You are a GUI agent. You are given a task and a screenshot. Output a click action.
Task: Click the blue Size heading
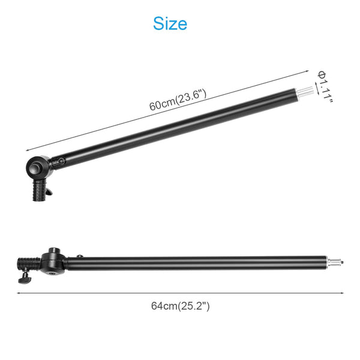coord(170,23)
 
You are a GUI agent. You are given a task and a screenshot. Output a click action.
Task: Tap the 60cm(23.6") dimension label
coord(178,100)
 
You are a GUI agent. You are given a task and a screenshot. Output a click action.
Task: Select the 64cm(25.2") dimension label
coord(180,306)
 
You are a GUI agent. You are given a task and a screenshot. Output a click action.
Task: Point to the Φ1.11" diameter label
coord(325,86)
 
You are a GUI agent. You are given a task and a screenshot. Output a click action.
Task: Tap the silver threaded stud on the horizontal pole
coord(335,262)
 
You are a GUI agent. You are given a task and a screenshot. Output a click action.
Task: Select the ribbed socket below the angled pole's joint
coord(40,190)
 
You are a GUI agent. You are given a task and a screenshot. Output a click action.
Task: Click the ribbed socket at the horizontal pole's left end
coord(29,263)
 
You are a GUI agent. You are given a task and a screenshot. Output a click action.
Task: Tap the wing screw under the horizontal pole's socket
coord(25,279)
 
